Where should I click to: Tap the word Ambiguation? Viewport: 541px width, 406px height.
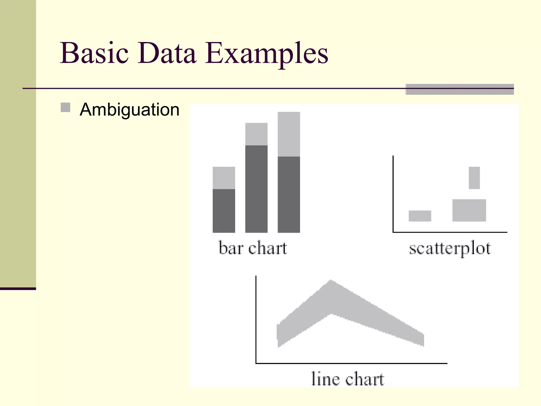(x=129, y=109)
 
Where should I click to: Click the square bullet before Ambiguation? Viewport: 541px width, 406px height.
(x=65, y=108)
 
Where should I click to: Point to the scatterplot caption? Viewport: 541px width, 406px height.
(x=450, y=249)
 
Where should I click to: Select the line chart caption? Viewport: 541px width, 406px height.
(x=347, y=379)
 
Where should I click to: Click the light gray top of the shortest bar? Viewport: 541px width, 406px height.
(x=224, y=178)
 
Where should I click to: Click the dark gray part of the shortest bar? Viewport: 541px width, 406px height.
(x=224, y=211)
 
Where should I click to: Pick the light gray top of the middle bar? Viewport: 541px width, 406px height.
(x=256, y=134)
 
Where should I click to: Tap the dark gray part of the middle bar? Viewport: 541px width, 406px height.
(x=256, y=189)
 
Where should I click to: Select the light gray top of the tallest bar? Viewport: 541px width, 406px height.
(x=289, y=134)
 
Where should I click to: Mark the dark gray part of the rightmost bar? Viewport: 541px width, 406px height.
(x=289, y=194)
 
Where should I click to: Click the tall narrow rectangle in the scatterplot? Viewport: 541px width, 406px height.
(x=474, y=178)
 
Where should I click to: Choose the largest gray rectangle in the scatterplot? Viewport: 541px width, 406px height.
(x=469, y=210)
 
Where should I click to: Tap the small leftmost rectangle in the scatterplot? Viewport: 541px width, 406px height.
(x=420, y=216)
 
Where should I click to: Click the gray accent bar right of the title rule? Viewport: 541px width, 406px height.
(x=460, y=89)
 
